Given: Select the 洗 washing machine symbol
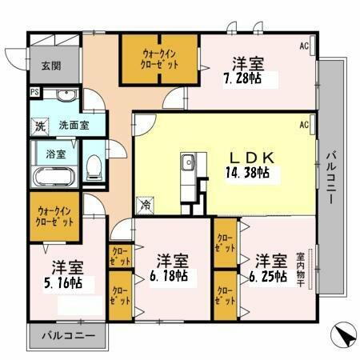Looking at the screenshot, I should click(x=40, y=126).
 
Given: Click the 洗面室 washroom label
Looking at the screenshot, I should click(x=74, y=126).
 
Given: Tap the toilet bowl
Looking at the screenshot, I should click(x=94, y=166).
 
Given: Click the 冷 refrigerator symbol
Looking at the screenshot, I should click(x=146, y=205).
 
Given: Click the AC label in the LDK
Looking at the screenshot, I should click(x=305, y=126).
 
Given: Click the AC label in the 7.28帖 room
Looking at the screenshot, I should click(x=305, y=46).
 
